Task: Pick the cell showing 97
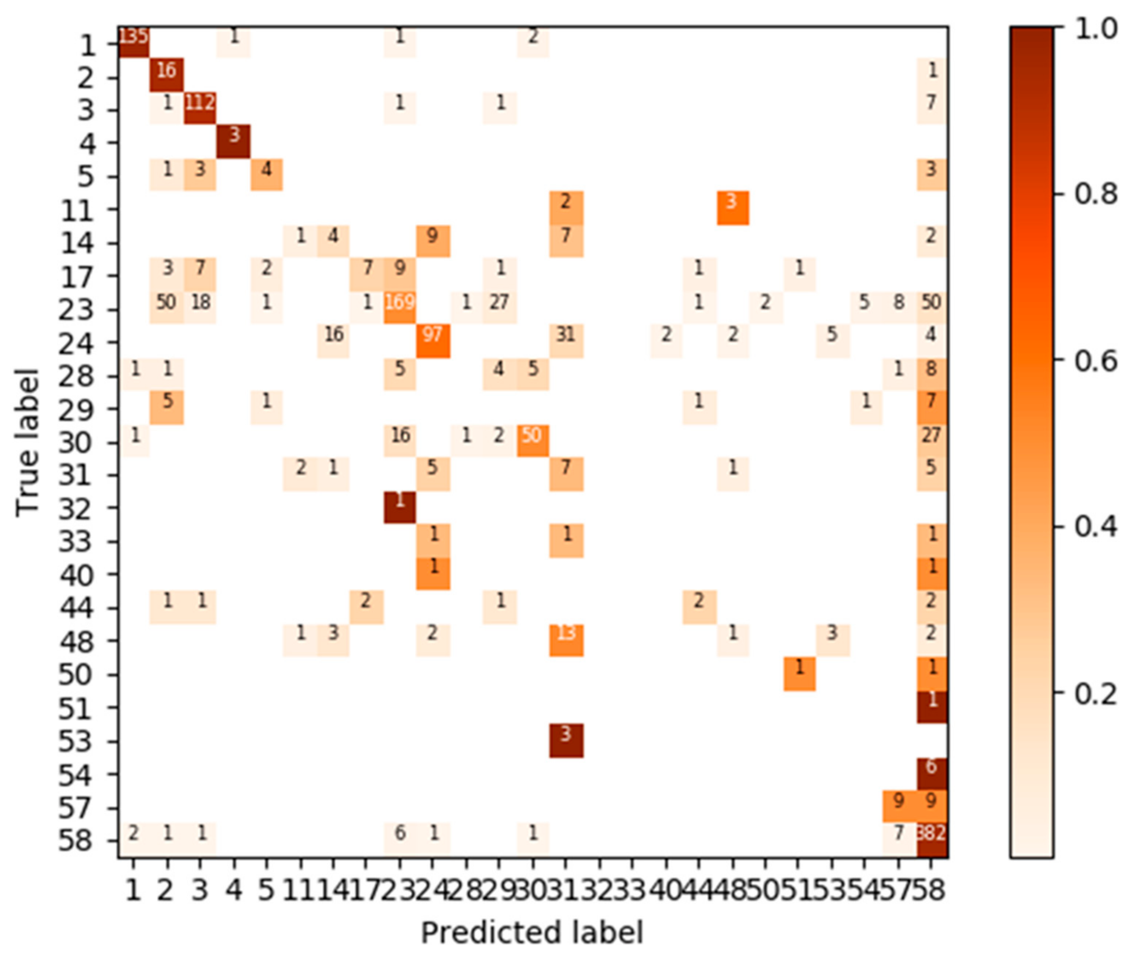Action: [433, 341]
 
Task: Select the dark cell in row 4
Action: [234, 141]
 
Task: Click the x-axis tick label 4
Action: [234, 891]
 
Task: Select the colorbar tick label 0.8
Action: [1095, 194]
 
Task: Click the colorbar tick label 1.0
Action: [1095, 28]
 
